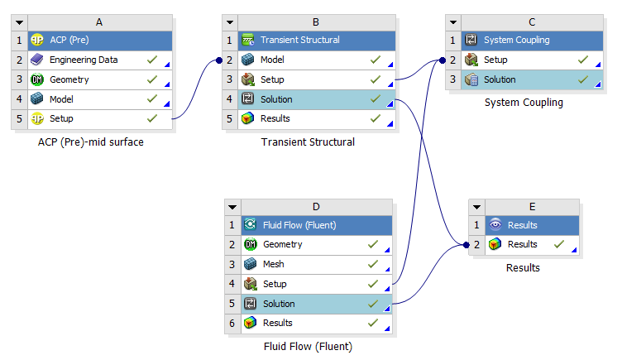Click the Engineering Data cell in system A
pyautogui.click(x=100, y=60)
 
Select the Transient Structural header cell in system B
pyautogui.click(x=317, y=40)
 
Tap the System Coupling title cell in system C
pyautogui.click(x=532, y=40)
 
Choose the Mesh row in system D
pyautogui.click(x=317, y=264)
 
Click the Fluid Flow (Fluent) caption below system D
pyautogui.click(x=308, y=347)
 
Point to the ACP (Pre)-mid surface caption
pyautogui.click(x=90, y=142)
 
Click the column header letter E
pyautogui.click(x=532, y=207)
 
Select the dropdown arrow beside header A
pyautogui.click(x=20, y=22)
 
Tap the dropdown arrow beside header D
pyautogui.click(x=232, y=207)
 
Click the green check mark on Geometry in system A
pyautogui.click(x=152, y=79)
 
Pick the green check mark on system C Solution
pyautogui.click(x=583, y=79)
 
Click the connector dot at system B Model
pyautogui.click(x=219, y=60)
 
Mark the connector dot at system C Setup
pyautogui.click(x=443, y=60)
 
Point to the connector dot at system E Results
pyautogui.click(x=466, y=245)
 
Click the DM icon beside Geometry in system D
pyautogui.click(x=251, y=244)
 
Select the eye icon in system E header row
pyautogui.click(x=495, y=224)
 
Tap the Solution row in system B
pyautogui.click(x=317, y=99)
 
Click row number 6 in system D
pyautogui.click(x=232, y=324)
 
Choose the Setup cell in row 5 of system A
pyautogui.click(x=100, y=118)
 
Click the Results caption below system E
pyautogui.click(x=523, y=268)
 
